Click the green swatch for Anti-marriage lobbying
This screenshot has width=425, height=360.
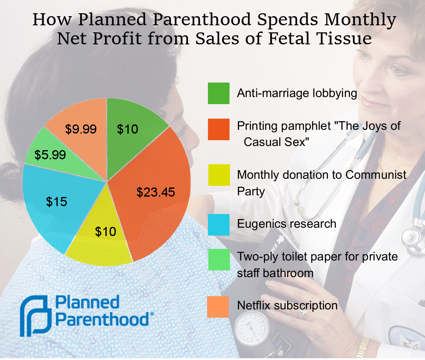click(218, 93)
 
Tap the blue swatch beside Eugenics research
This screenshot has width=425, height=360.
click(218, 224)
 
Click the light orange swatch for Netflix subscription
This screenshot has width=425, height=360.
click(218, 306)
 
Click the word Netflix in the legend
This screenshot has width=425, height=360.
click(253, 306)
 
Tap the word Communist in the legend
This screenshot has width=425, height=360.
click(376, 175)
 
